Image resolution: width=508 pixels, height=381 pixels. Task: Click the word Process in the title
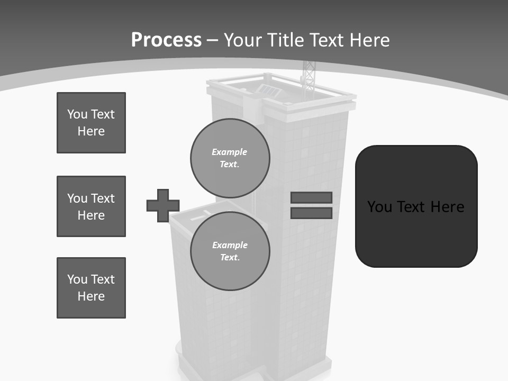[166, 40]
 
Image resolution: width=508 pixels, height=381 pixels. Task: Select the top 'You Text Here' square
[91, 123]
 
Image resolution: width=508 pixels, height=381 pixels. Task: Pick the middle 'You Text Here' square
[91, 206]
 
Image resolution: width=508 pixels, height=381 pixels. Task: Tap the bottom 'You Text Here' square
[91, 288]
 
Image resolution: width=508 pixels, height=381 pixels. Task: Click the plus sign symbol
[163, 205]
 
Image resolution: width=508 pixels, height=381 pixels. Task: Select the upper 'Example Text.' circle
[230, 158]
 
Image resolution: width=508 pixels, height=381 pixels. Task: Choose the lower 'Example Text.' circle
[230, 251]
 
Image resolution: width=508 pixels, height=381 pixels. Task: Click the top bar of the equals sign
[311, 197]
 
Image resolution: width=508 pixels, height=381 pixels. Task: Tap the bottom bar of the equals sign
[311, 213]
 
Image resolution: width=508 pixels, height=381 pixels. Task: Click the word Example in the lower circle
[230, 245]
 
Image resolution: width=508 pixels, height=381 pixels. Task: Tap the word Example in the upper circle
[230, 152]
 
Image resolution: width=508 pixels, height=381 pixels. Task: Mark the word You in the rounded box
[379, 206]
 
